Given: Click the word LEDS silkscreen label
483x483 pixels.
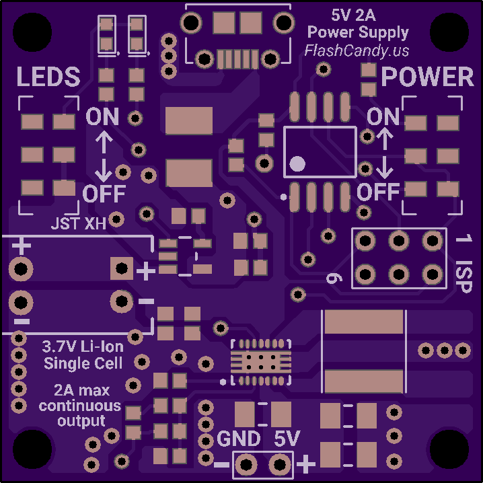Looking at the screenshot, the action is click(x=48, y=77).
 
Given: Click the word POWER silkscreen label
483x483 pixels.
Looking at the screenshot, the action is click(x=428, y=77).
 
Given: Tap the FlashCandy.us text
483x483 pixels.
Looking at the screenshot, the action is click(x=357, y=50).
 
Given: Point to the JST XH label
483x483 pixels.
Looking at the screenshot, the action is click(x=79, y=223).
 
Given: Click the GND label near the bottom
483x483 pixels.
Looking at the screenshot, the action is click(x=239, y=439).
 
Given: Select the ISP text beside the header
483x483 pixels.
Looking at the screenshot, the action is click(x=463, y=276).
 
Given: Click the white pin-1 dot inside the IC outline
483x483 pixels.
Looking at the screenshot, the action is click(x=297, y=163).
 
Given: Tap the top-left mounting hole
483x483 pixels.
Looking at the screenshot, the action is click(x=32, y=32).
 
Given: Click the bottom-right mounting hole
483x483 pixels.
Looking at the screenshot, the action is click(x=449, y=449).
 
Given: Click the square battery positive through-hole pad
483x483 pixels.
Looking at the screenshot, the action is click(x=122, y=268).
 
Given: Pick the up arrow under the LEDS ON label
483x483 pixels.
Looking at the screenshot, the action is click(x=104, y=142).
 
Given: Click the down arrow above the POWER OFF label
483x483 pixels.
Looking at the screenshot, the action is click(x=384, y=168).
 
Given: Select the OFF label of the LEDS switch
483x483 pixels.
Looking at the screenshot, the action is click(x=104, y=194).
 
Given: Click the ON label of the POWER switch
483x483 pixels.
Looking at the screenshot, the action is click(x=383, y=116).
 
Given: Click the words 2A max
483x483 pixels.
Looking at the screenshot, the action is click(x=81, y=390).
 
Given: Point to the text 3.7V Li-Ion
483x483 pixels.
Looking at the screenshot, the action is click(x=83, y=347).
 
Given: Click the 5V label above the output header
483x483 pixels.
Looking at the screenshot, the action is click(x=287, y=439).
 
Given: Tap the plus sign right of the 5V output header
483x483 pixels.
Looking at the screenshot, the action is click(x=305, y=464).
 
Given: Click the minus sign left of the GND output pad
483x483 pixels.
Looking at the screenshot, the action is click(x=221, y=465).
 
